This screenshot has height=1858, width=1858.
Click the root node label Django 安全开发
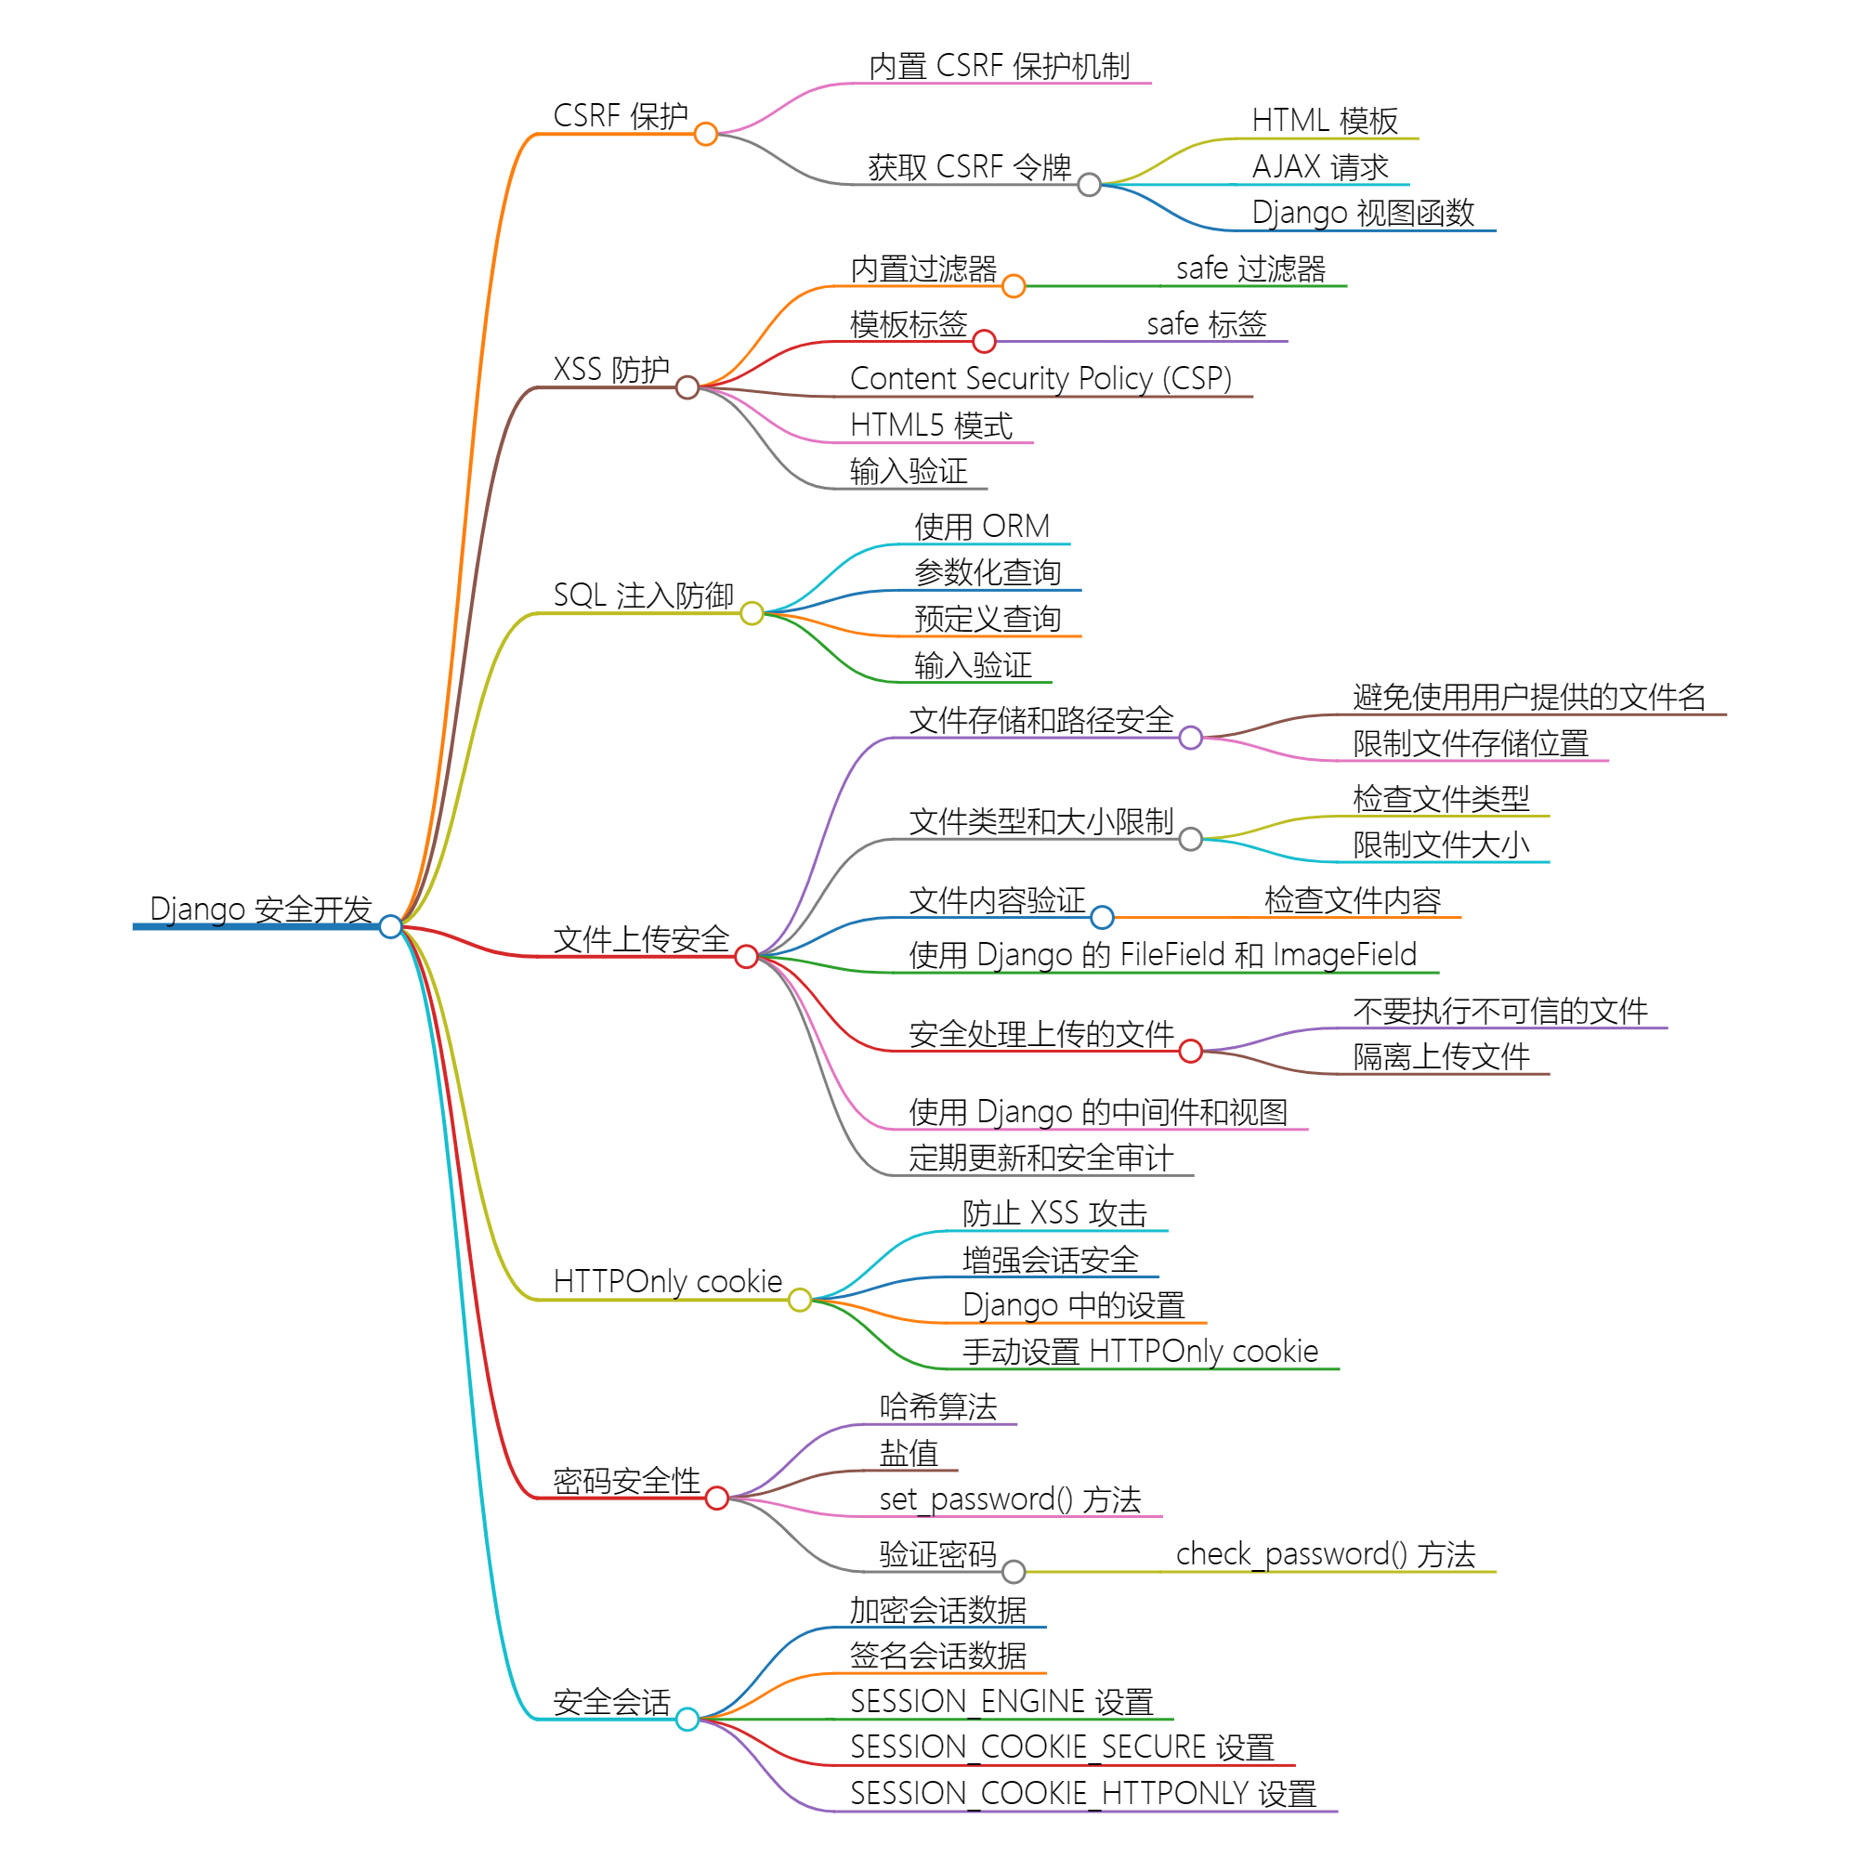[261, 909]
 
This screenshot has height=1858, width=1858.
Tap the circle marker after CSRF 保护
[706, 134]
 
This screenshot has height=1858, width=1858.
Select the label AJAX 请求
[1319, 167]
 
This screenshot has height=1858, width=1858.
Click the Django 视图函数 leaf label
[1363, 213]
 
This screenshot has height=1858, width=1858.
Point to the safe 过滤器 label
[1250, 268]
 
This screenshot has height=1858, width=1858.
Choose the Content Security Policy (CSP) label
[1040, 379]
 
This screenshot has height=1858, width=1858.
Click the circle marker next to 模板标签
[984, 341]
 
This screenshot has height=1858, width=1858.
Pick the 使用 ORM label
[982, 527]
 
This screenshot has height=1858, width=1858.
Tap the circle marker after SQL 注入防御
[752, 613]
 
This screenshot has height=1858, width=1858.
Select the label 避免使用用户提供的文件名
[1529, 698]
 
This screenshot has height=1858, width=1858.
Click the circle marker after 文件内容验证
[1103, 918]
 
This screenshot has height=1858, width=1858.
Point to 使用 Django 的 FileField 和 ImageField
[1163, 955]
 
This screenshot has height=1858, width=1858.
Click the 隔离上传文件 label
[1441, 1057]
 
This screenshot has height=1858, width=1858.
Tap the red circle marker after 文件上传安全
[746, 956]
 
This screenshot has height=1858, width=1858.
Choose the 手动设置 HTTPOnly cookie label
[1141, 1351]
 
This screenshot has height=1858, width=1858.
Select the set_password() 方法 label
[1010, 1499]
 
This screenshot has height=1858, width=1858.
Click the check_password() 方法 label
[1326, 1554]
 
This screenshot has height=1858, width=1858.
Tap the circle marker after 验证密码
[1014, 1572]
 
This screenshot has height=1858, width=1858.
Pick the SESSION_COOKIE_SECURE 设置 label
[1062, 1747]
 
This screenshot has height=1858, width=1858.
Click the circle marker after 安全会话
[687, 1720]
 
